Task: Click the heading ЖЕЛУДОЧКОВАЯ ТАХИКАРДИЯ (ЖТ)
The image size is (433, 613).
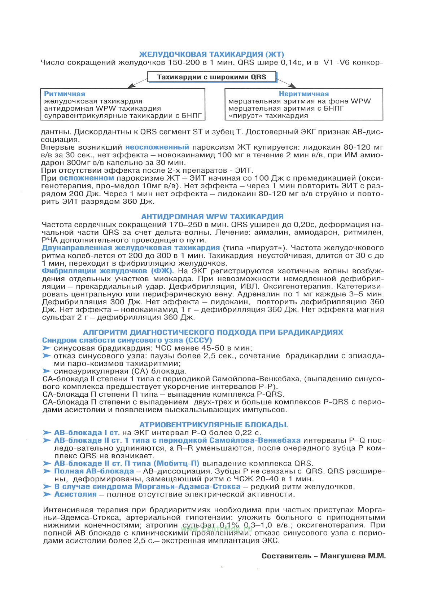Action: (x=211, y=54)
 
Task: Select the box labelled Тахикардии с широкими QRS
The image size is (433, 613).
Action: (x=211, y=77)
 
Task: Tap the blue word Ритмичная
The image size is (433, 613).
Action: (x=65, y=94)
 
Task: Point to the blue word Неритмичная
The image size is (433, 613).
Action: (x=303, y=94)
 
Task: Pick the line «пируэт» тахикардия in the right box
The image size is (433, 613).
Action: (x=268, y=116)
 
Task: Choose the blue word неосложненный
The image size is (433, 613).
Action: (x=157, y=147)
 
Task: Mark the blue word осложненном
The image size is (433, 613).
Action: (x=87, y=178)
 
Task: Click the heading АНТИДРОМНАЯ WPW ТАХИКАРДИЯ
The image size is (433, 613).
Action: (x=212, y=217)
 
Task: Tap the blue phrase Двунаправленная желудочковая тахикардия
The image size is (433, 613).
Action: (x=131, y=248)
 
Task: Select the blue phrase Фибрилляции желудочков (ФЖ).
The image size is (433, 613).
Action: (x=108, y=271)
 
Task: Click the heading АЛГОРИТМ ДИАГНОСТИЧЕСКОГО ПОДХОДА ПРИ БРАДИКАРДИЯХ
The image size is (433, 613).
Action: (x=213, y=332)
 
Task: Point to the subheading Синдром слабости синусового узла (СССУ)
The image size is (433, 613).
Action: (x=127, y=340)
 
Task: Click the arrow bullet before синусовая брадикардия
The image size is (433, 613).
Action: (x=47, y=348)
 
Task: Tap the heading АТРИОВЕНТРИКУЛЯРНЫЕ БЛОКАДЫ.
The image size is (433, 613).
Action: (x=214, y=425)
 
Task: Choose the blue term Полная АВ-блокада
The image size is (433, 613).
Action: (x=94, y=471)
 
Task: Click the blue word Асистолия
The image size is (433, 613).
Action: (x=75, y=494)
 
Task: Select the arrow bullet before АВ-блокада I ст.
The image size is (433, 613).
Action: (x=47, y=433)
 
